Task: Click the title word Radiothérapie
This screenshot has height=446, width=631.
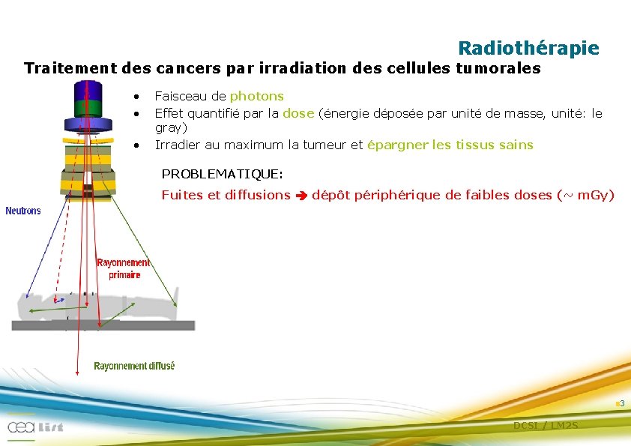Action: [x=528, y=49]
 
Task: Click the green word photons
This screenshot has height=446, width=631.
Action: [x=256, y=96]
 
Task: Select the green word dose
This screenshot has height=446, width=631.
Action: [x=298, y=113]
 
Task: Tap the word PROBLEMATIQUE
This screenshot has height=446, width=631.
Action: [x=222, y=174]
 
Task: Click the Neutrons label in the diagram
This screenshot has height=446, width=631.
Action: [x=23, y=211]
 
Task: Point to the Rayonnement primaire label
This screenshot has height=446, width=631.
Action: [x=124, y=268]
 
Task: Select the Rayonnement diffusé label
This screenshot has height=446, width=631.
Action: [x=134, y=366]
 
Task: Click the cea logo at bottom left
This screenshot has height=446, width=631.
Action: [x=19, y=427]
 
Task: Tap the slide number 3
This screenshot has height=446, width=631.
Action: [x=622, y=404]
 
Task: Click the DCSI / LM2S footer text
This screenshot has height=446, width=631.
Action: [x=546, y=425]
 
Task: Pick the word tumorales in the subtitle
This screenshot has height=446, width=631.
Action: [x=498, y=69]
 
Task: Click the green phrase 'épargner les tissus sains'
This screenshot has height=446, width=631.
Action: [x=450, y=145]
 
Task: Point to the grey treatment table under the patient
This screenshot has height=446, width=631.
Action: [x=103, y=325]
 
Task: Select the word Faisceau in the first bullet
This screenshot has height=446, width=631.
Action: [x=181, y=96]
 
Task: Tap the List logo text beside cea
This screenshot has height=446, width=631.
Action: [x=49, y=427]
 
